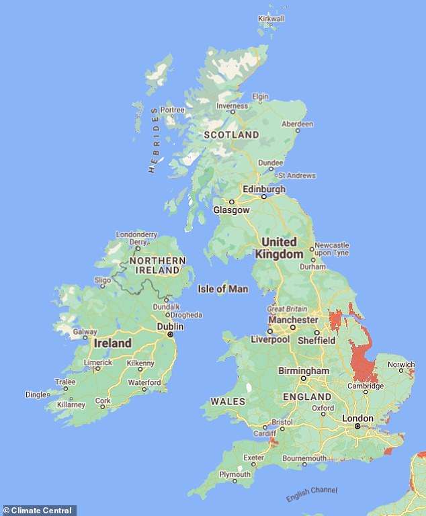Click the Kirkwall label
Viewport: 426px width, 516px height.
click(x=271, y=19)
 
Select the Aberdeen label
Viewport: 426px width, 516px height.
click(x=297, y=124)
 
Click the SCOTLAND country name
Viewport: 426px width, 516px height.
click(x=231, y=135)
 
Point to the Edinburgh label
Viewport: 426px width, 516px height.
click(x=264, y=189)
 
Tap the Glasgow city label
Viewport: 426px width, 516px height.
click(x=231, y=210)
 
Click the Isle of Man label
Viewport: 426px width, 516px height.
click(x=222, y=290)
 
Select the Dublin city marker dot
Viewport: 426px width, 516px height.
click(x=170, y=335)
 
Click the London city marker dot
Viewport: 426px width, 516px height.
click(x=357, y=425)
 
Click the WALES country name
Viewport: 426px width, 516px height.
click(x=223, y=401)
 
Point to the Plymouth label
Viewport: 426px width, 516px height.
click(x=235, y=474)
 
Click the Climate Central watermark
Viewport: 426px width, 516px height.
click(x=39, y=511)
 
